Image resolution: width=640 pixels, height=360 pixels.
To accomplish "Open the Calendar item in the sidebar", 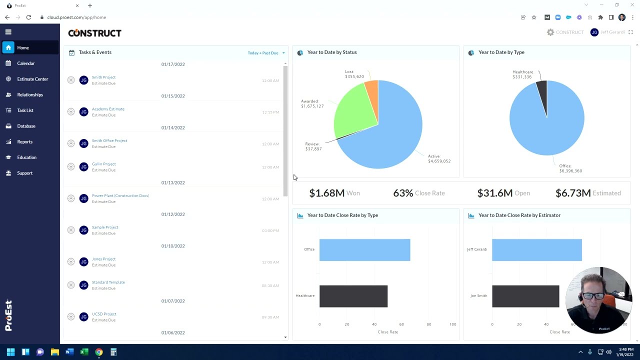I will click(x=25, y=63).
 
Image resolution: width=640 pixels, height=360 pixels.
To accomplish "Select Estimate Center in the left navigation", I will click(x=32, y=79).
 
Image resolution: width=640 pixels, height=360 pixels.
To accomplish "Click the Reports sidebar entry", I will click(x=24, y=142).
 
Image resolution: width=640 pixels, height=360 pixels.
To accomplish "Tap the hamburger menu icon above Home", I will click(x=8, y=32).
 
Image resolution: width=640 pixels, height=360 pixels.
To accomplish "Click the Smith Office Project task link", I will click(x=109, y=140).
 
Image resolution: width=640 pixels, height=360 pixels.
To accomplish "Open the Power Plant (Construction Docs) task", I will click(x=120, y=195).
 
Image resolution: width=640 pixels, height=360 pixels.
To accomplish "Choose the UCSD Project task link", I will click(x=104, y=314).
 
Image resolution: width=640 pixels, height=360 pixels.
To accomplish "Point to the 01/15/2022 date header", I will click(x=173, y=96).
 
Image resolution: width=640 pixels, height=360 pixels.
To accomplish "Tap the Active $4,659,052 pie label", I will click(x=439, y=158).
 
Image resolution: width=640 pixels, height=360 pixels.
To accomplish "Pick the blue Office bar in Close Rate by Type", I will click(x=364, y=250).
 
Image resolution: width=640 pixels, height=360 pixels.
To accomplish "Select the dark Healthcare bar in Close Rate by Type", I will click(x=353, y=296).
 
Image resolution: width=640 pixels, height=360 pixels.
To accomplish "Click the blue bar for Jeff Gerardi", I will click(x=536, y=250).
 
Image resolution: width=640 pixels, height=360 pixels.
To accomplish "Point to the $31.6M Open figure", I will click(x=494, y=193).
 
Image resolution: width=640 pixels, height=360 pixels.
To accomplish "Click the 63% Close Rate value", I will click(x=403, y=193).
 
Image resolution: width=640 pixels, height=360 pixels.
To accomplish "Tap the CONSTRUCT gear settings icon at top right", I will click(x=550, y=32).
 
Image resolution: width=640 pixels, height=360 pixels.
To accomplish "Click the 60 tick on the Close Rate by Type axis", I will click(x=401, y=324).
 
